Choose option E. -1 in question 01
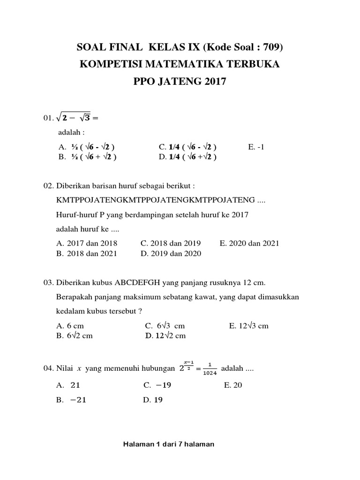(256, 147)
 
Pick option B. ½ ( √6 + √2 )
(87, 157)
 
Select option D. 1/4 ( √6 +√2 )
(187, 157)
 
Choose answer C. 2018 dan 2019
(171, 243)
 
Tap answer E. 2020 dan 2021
(249, 243)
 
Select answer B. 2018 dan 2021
(87, 254)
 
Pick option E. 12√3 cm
(248, 325)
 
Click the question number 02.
(49, 186)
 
